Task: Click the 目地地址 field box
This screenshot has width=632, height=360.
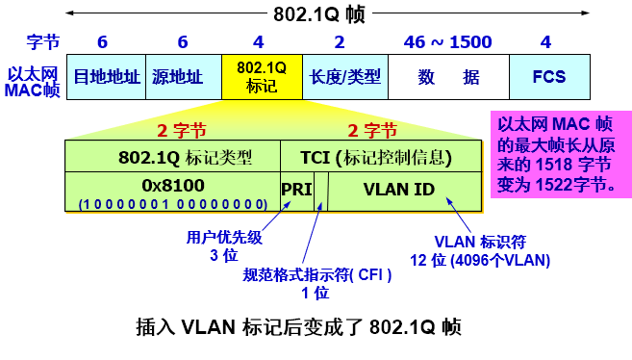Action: point(107,77)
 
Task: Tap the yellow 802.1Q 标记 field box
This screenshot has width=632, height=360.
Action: point(261,77)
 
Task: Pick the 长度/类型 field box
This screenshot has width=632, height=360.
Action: point(341,77)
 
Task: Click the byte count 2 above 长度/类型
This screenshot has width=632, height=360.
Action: point(339,41)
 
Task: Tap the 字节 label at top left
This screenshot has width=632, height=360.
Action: point(43,42)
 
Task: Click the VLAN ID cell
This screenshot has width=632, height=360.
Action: point(400,189)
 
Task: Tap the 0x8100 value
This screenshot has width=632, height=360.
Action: point(171,183)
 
